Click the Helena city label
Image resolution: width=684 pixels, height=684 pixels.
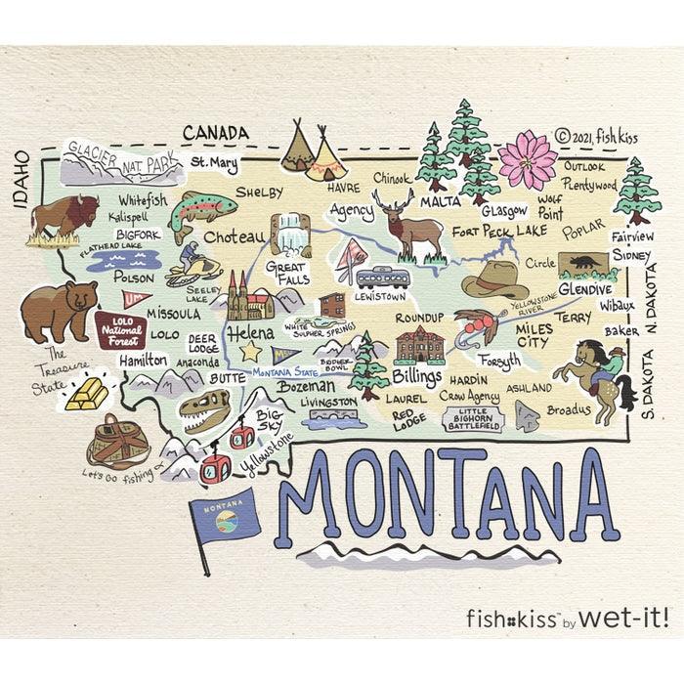(x=250, y=333)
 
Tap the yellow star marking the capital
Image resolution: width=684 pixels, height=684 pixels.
(x=251, y=351)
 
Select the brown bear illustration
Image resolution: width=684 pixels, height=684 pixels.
(x=59, y=310)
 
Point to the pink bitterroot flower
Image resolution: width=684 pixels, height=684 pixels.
(x=528, y=158)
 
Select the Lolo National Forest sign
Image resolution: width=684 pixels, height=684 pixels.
(x=121, y=330)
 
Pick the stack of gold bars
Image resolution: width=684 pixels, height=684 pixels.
(x=87, y=394)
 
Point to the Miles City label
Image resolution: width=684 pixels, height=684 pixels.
(x=534, y=336)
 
